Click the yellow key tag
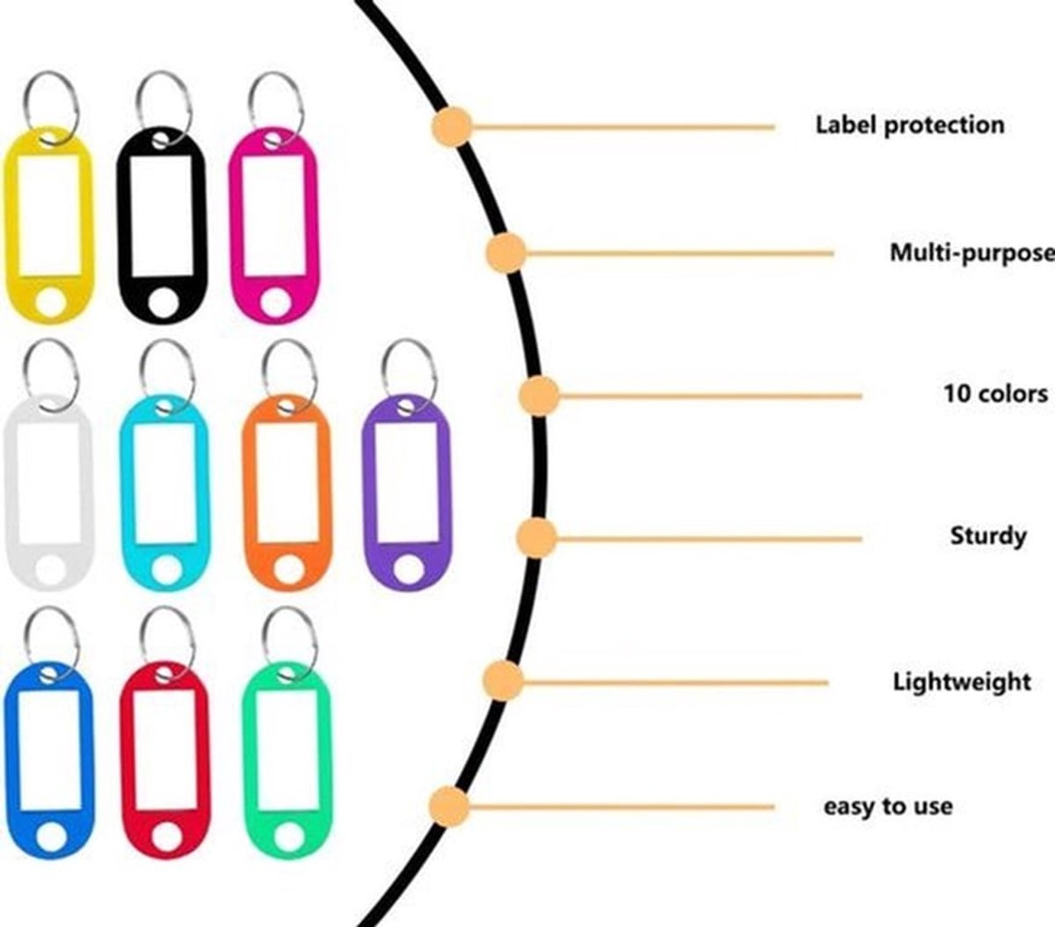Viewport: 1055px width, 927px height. pyautogui.click(x=11, y=224)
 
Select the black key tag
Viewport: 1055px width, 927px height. pyautogui.click(x=124, y=224)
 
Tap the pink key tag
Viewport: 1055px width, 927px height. pyautogui.click(x=236, y=224)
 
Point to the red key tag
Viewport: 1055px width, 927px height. pyautogui.click(x=127, y=761)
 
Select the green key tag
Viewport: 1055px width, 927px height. pyautogui.click(x=250, y=761)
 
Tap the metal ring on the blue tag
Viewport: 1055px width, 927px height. pyautogui.click(x=27, y=641)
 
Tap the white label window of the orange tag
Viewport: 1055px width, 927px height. pyautogui.click(x=287, y=483)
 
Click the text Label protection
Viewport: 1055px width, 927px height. pyautogui.click(x=910, y=126)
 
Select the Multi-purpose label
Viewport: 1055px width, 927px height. pyautogui.click(x=972, y=254)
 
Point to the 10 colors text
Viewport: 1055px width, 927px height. pyautogui.click(x=995, y=394)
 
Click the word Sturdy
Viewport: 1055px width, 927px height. pyautogui.click(x=988, y=536)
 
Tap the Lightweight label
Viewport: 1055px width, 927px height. pyautogui.click(x=963, y=682)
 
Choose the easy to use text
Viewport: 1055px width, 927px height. pyautogui.click(x=888, y=807)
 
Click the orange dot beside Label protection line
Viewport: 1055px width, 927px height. pyautogui.click(x=451, y=127)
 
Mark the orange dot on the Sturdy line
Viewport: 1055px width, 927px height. pyautogui.click(x=536, y=538)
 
